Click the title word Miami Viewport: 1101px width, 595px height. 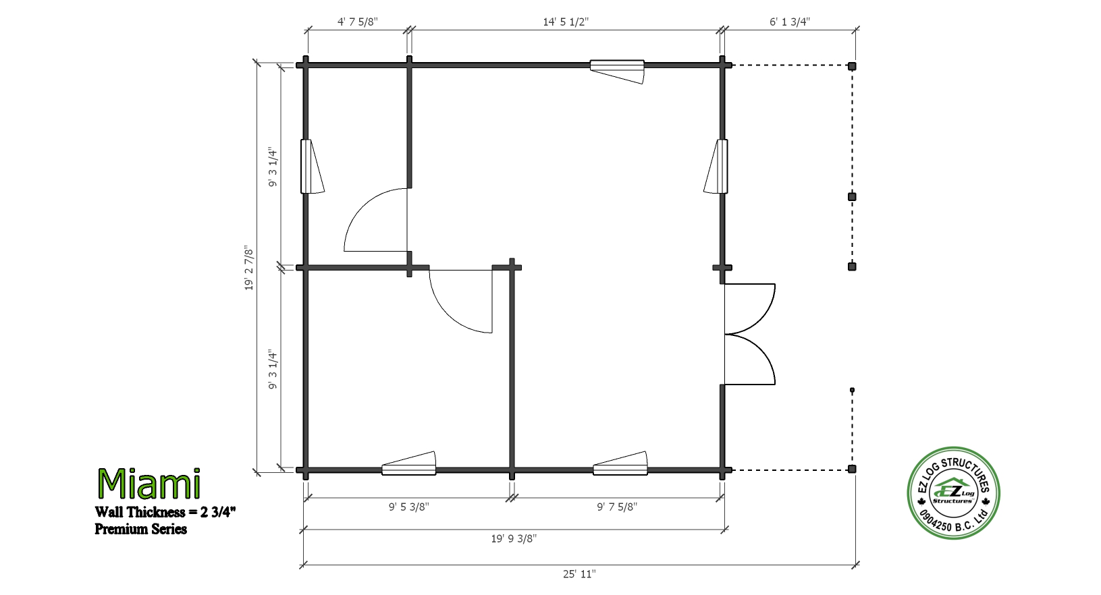coord(149,484)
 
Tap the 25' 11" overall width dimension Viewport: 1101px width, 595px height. coord(579,574)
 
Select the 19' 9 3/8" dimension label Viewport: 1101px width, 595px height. coord(514,538)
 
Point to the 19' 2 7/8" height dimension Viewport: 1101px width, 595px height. coord(249,268)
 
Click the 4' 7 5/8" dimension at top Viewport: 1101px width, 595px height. coord(357,22)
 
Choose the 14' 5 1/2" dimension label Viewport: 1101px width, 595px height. coord(566,22)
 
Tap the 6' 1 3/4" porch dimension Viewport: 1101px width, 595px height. coord(789,22)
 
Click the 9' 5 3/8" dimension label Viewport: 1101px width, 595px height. coord(409,507)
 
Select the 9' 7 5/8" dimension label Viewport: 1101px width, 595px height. coord(617,507)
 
